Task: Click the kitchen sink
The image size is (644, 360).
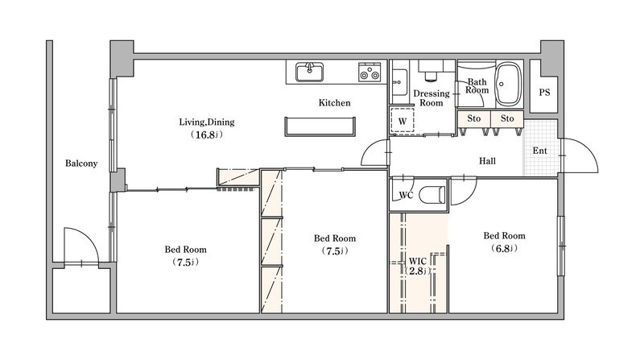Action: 310,72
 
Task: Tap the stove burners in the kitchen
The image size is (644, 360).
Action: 369,72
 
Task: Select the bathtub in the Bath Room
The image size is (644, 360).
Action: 508,85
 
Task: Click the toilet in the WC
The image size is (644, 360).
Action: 432,195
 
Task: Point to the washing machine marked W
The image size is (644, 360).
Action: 402,121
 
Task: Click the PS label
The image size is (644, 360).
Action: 544,93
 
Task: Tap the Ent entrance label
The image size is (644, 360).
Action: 539,151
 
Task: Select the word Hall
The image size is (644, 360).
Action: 488,161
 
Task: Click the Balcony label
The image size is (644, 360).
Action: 81,163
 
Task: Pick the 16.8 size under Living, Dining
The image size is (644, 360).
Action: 206,134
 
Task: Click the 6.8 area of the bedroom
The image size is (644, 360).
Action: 504,248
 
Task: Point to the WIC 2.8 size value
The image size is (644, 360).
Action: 417,271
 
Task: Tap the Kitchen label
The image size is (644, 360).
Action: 334,103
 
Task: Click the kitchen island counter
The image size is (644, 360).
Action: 320,126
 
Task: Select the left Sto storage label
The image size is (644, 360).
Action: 473,118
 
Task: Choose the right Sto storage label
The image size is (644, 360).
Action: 507,118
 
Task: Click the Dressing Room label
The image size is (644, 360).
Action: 431,97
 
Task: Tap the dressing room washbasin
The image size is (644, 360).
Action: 398,82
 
